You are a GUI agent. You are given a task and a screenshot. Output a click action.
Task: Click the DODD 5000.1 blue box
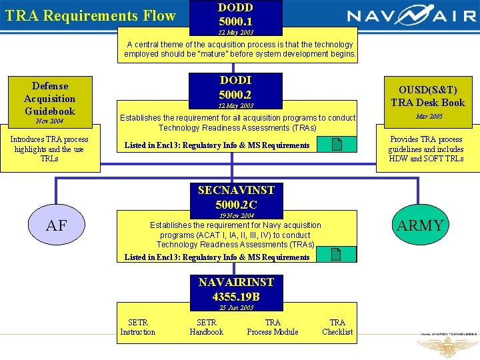click(235, 17)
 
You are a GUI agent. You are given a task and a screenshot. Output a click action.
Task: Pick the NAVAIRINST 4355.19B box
click(235, 289)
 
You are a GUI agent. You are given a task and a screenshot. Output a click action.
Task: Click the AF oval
click(56, 225)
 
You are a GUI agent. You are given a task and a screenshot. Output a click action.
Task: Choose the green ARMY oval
click(420, 225)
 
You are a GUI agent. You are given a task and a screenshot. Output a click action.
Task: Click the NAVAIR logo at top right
click(411, 16)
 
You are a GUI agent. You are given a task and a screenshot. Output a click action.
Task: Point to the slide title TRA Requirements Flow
click(91, 15)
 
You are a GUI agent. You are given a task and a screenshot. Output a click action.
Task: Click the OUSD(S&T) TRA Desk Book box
click(427, 96)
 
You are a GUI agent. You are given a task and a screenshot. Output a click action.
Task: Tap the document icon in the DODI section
click(337, 145)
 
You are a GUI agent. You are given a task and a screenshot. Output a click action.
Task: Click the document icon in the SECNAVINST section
click(337, 254)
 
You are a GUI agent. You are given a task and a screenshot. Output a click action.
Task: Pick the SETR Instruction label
click(138, 327)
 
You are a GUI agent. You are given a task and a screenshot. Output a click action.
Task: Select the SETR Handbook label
click(207, 327)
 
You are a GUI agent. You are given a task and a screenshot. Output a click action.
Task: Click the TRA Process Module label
click(273, 327)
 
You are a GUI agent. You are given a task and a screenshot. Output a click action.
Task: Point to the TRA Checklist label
click(337, 327)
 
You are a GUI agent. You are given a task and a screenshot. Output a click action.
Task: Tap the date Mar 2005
click(429, 117)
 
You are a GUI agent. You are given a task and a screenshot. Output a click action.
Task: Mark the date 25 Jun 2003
click(236, 308)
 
